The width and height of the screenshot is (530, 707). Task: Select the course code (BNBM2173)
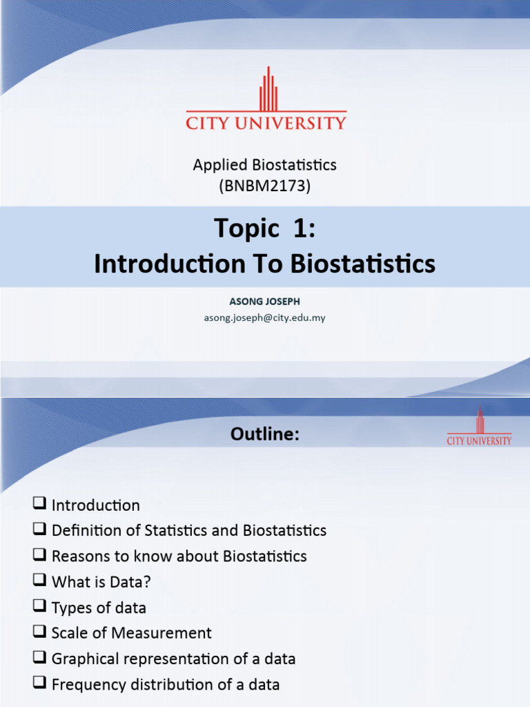[x=265, y=185]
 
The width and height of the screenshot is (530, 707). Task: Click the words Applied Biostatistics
[x=265, y=165]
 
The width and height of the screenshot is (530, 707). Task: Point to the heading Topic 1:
[x=264, y=228]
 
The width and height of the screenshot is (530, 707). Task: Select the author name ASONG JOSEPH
[x=264, y=302]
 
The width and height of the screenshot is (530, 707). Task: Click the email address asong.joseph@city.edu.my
[x=264, y=317]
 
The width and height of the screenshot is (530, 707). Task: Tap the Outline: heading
[x=265, y=434]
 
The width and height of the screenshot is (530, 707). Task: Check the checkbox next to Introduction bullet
[x=39, y=504]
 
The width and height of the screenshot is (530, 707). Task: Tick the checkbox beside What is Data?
[x=39, y=581]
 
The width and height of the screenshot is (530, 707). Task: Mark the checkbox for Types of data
[x=39, y=606]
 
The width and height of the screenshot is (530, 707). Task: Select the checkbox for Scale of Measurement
[x=39, y=632]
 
